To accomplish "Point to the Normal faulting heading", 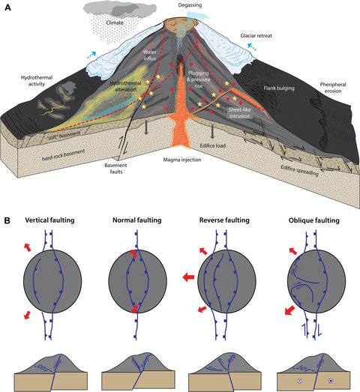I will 134,223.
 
